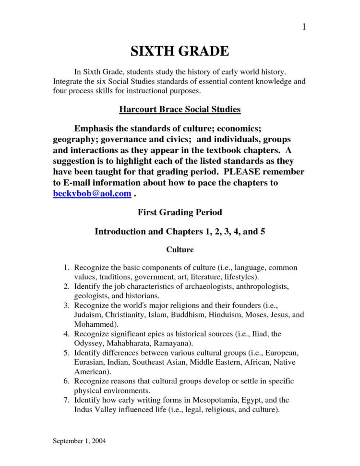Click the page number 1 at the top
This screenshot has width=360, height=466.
coord(304,27)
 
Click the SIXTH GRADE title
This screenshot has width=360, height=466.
coord(180,51)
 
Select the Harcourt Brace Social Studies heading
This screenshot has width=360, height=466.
coord(180,110)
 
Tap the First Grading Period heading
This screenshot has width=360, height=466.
coord(180,212)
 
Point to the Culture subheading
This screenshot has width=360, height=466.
coord(180,250)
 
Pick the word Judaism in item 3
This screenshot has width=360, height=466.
coord(89,315)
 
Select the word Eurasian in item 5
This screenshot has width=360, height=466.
coord(90,362)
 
